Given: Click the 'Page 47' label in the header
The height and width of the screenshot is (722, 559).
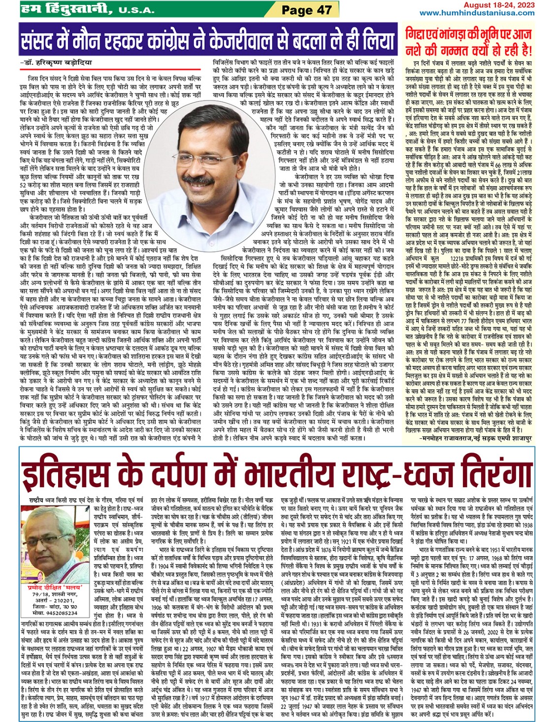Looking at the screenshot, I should click(306, 9).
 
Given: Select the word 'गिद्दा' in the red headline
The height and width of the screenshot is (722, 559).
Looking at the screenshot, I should click(418, 34).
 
